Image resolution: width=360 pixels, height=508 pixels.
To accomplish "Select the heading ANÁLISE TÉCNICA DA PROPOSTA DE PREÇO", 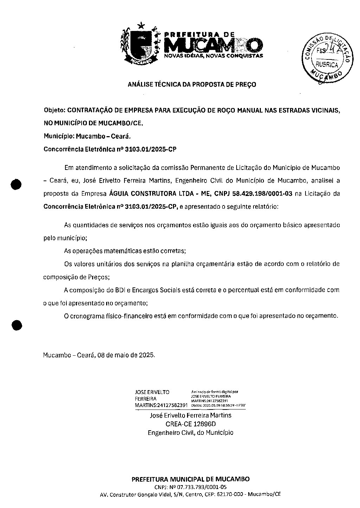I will [192, 84].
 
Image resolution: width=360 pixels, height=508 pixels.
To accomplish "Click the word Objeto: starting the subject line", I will [54, 110].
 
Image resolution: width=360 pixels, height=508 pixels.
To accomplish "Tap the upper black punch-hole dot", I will [16, 184].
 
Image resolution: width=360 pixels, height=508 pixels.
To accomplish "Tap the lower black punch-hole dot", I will [16, 325].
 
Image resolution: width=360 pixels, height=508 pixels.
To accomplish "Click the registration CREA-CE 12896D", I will [191, 424].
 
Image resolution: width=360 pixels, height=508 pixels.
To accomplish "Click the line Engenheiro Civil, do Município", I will [191, 432].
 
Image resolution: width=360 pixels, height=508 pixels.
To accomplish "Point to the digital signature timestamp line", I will [218, 405].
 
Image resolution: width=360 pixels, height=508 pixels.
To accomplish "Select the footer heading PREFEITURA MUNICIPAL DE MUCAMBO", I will [191, 479].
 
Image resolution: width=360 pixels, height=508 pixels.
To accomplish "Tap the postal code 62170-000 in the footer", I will [230, 494].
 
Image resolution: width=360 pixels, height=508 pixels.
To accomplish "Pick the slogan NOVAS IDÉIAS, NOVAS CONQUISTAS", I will [214, 56].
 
